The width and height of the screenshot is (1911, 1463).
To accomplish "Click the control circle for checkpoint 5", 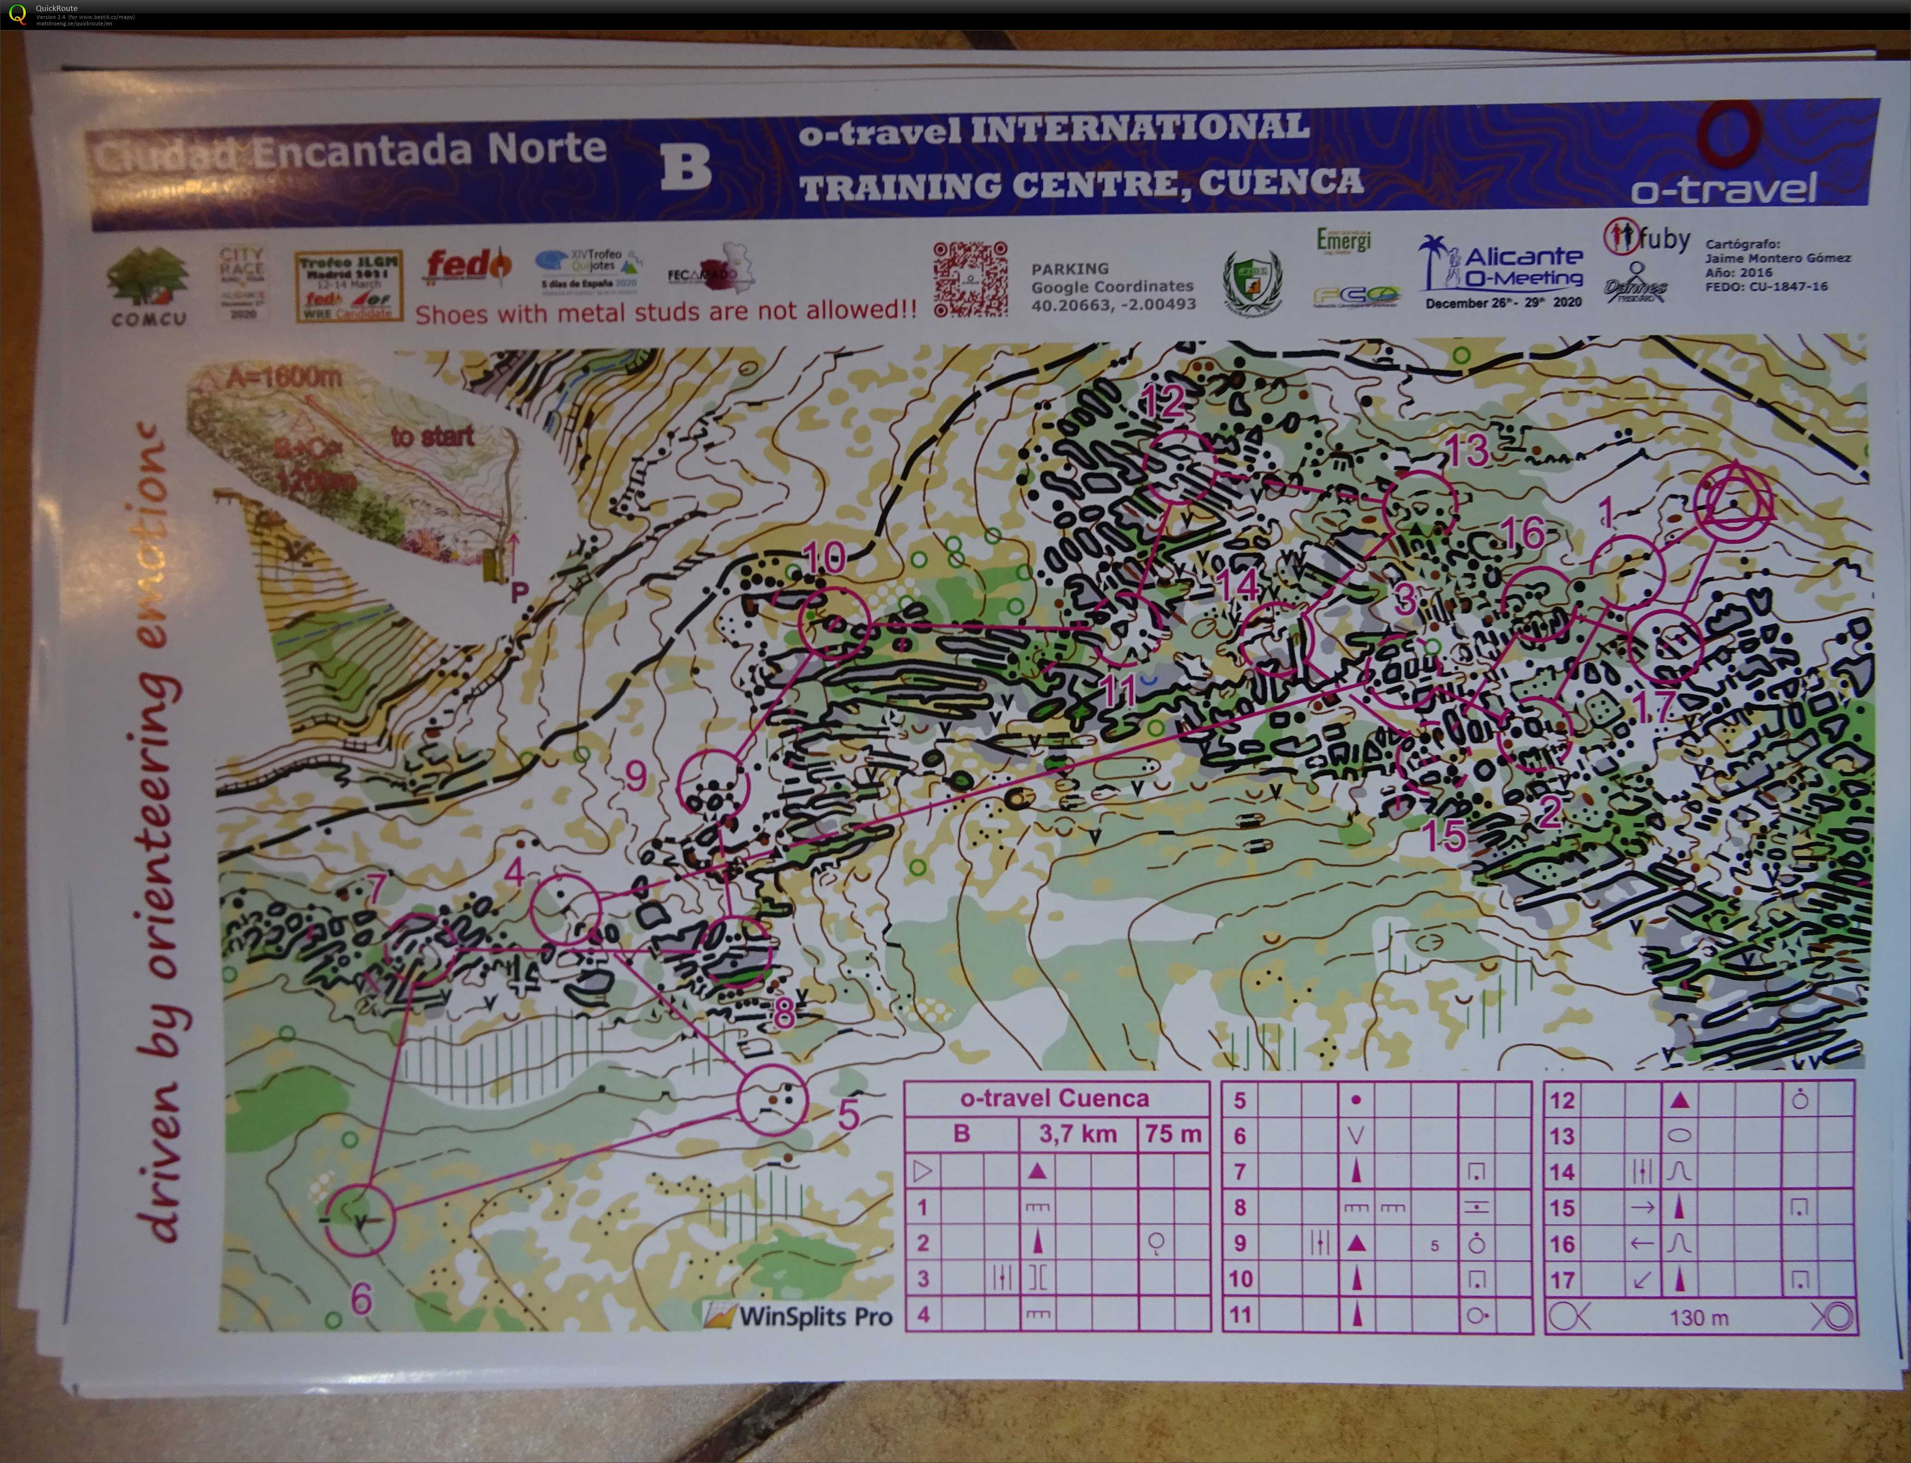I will pos(771,1100).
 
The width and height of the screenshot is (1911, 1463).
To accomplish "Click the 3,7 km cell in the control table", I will pos(1077,1134).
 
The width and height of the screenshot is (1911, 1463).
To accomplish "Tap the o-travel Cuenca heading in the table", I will pos(1055,1098).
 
